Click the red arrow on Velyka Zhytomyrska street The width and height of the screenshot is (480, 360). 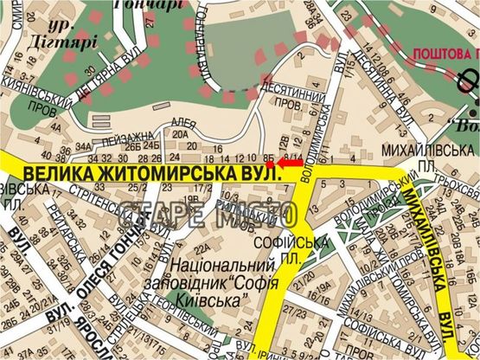tap(288, 162)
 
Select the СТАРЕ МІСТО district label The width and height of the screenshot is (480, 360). tap(208, 215)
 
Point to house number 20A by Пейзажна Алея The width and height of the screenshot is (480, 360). tap(180, 134)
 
